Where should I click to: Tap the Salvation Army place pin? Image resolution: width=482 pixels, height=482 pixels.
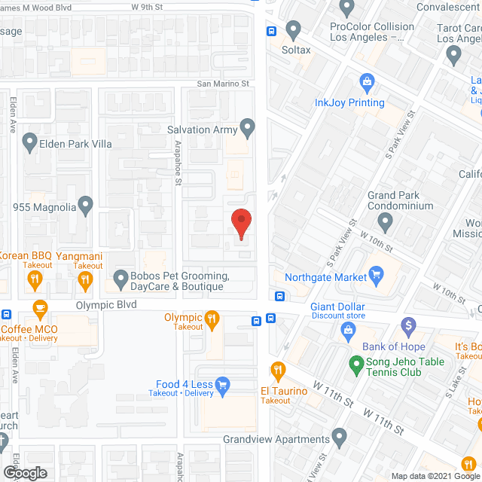[x=248, y=128]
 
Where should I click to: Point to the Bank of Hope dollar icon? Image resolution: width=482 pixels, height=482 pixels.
[x=409, y=326]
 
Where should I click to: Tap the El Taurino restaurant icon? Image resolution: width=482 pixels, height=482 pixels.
[x=278, y=371]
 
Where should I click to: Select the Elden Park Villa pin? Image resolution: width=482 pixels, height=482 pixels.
[x=29, y=140]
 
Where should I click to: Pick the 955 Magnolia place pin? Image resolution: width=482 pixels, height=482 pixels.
[x=85, y=204]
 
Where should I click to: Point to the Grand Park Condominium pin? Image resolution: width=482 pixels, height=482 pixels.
[x=385, y=222]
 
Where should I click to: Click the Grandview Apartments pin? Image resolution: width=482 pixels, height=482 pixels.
[x=339, y=437]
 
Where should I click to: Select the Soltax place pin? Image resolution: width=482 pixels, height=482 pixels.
[x=294, y=30]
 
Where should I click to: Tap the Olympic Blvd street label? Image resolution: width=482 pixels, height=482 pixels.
[x=105, y=305]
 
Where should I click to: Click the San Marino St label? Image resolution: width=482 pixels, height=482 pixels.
[x=223, y=84]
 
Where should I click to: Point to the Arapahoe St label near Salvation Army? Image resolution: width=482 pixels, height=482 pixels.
[x=179, y=166]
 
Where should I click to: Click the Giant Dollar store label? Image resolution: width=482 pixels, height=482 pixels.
[x=337, y=307]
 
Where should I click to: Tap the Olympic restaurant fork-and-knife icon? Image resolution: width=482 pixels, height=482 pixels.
[x=213, y=319]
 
